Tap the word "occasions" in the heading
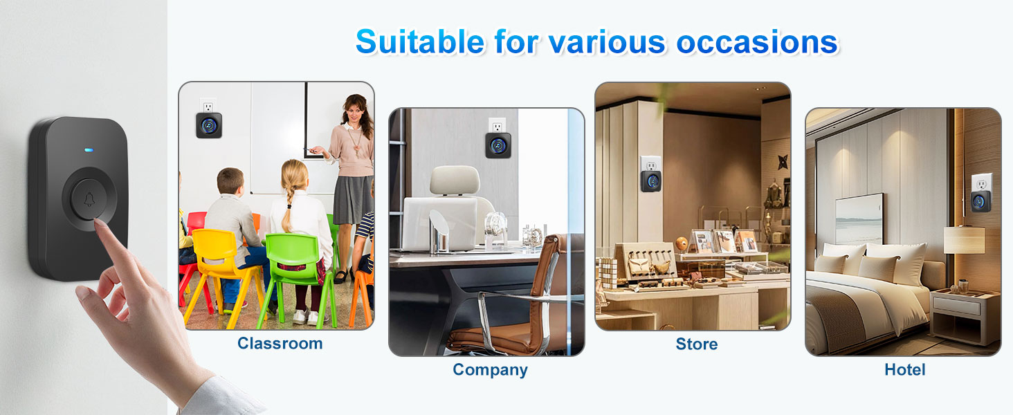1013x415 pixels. [x=757, y=42]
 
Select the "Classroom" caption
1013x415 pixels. [x=280, y=344]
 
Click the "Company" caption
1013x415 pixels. [x=490, y=370]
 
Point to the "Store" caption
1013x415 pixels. [x=696, y=344]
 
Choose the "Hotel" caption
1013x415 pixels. [x=904, y=370]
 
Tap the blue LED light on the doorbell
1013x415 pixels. [x=88, y=149]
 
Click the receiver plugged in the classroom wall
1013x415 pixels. [x=208, y=124]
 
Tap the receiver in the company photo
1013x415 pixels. [x=498, y=145]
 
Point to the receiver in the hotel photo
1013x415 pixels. [x=979, y=201]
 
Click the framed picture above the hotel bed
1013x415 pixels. [x=859, y=218]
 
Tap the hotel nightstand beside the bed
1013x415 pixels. [x=964, y=315]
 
